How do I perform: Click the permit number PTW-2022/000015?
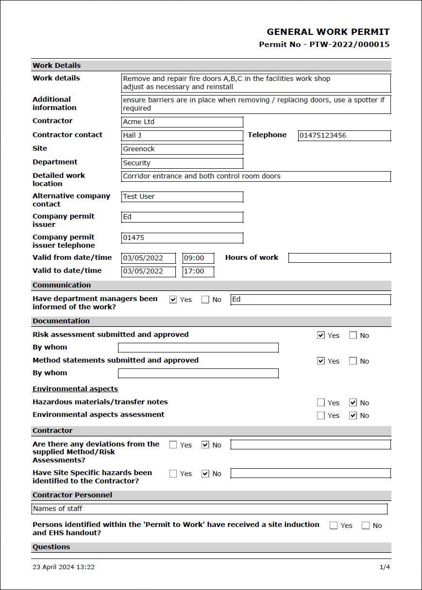click(349, 45)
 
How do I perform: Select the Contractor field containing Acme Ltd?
click(182, 122)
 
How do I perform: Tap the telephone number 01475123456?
click(344, 136)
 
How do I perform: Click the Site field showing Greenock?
click(182, 149)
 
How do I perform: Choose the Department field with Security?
click(182, 163)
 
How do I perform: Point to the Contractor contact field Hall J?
click(182, 136)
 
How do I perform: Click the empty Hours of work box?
click(339, 258)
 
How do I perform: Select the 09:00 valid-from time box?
click(198, 258)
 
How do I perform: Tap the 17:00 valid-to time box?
click(198, 271)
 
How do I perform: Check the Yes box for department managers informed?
click(173, 300)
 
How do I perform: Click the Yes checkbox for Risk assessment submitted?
click(321, 335)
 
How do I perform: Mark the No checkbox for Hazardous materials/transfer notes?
click(353, 402)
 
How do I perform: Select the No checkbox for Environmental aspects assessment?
click(353, 415)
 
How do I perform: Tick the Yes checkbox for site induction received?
click(334, 526)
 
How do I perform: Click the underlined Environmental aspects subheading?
click(75, 389)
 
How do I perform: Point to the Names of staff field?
click(209, 509)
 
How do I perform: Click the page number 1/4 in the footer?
click(384, 567)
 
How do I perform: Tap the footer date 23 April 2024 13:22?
click(64, 567)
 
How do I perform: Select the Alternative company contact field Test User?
click(182, 197)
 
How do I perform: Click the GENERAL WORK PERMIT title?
click(328, 32)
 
